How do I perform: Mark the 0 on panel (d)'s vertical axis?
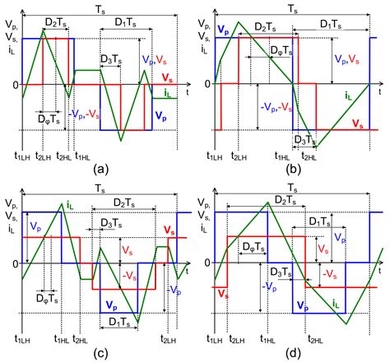click(x=206, y=264)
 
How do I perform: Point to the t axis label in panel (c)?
click(x=188, y=272)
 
